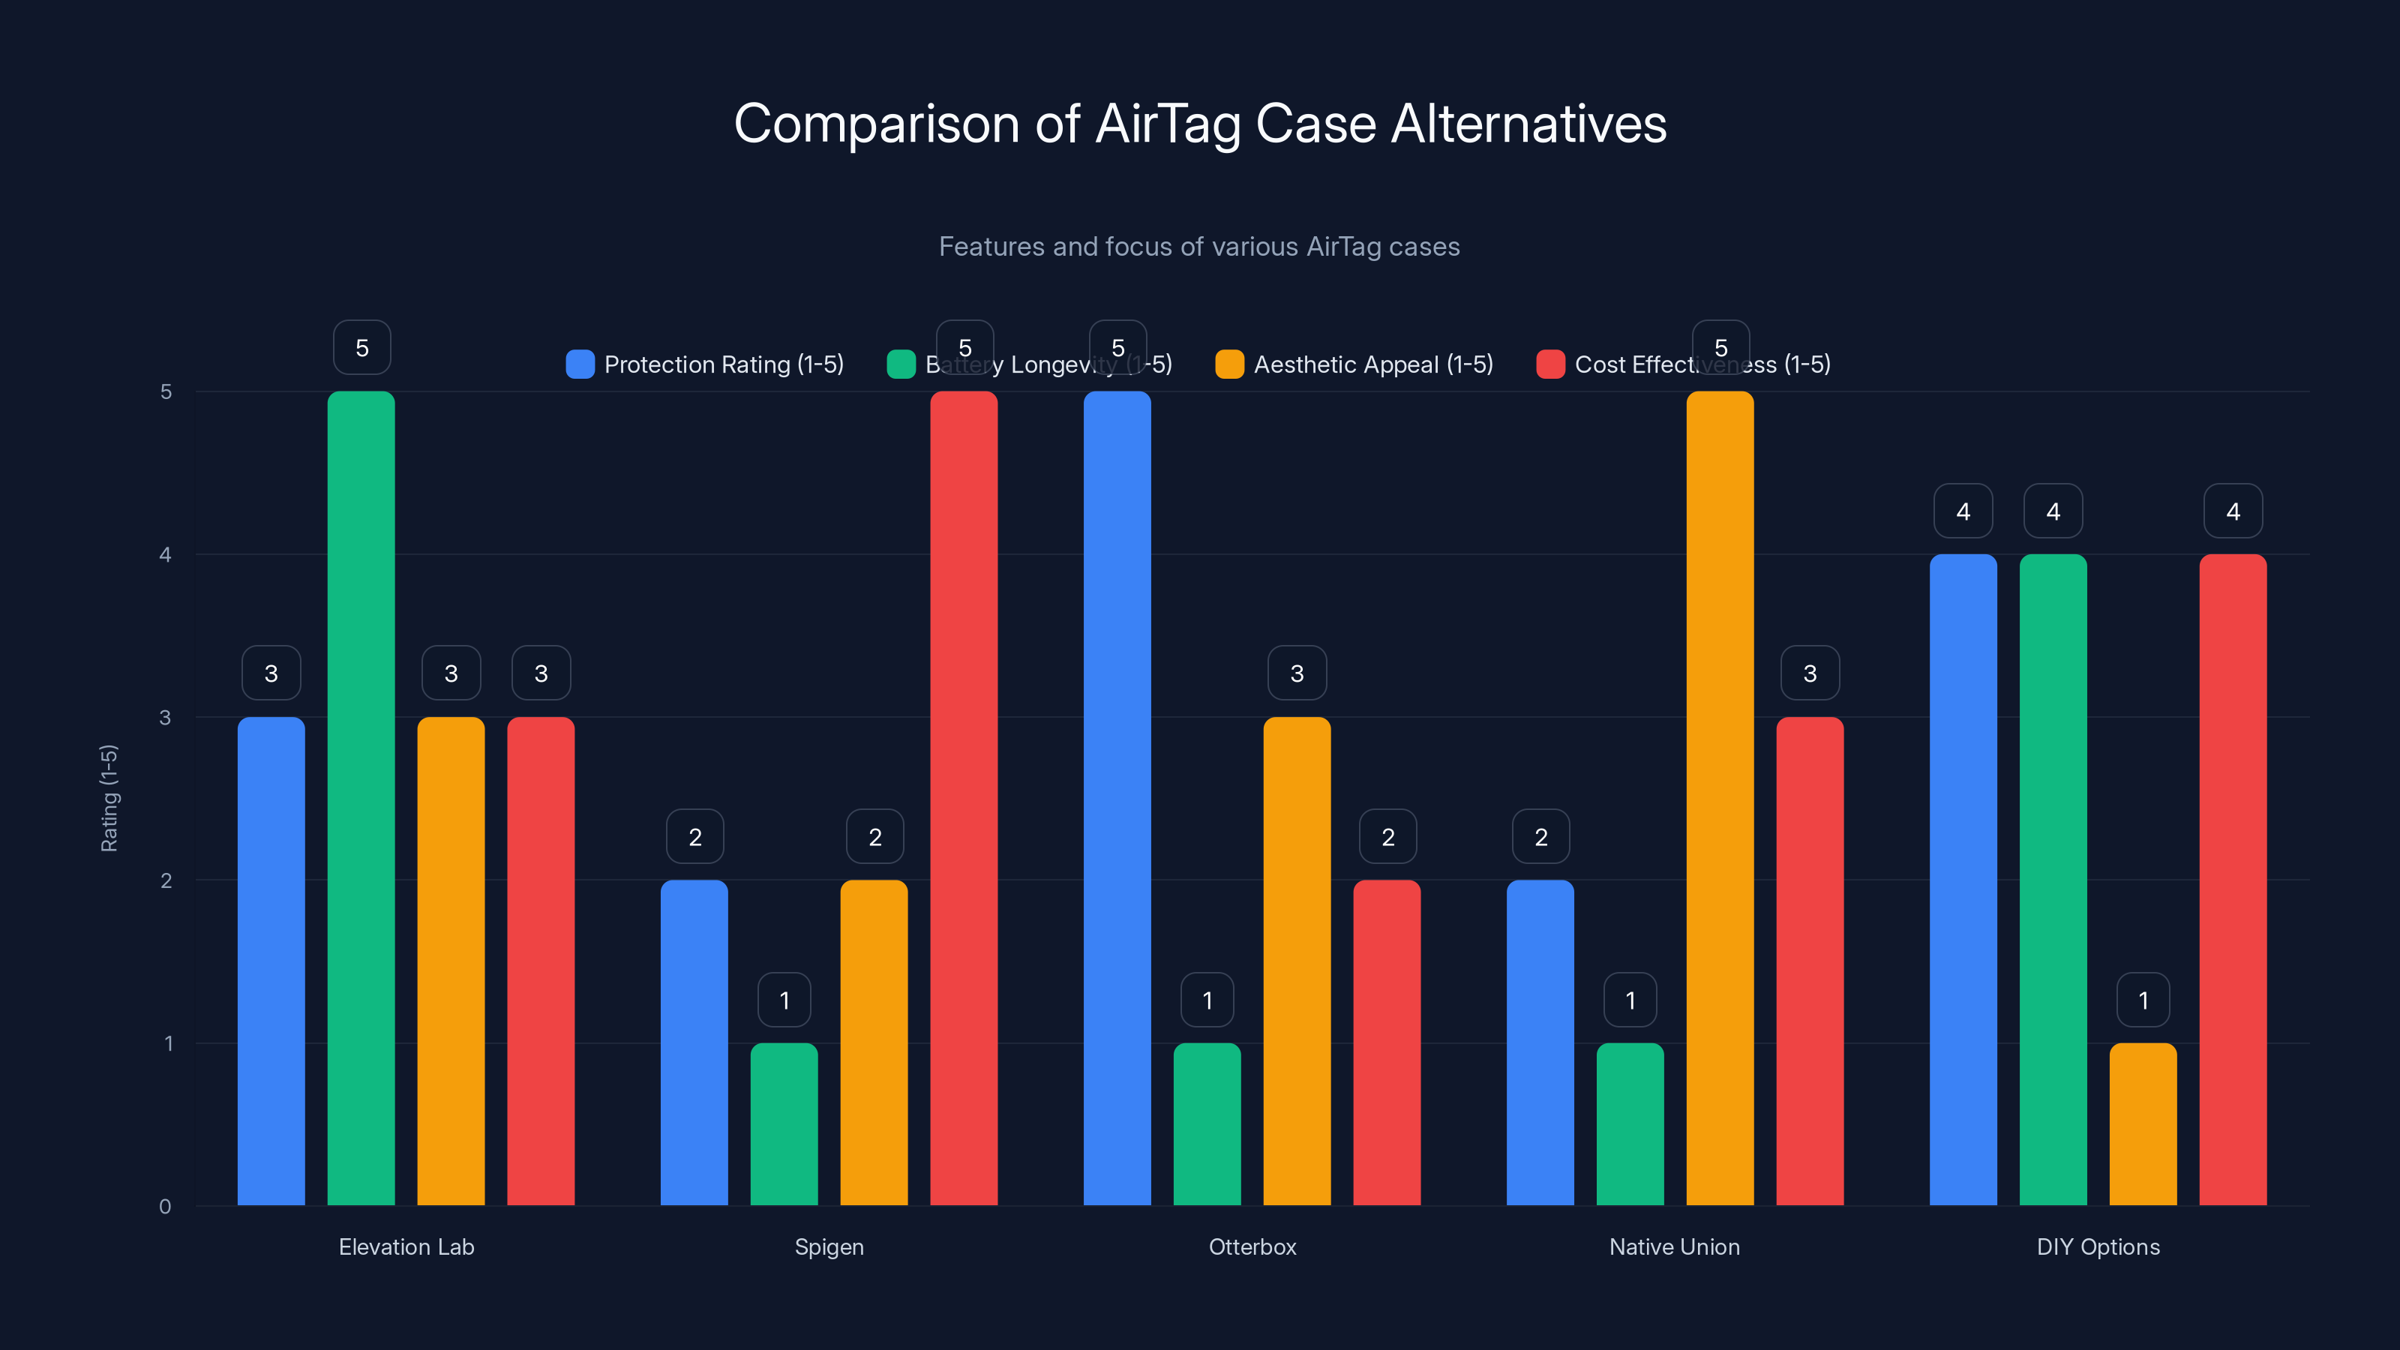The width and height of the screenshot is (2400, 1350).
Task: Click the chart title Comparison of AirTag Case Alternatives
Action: (1199, 124)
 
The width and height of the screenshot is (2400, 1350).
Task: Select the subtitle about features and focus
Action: (1199, 247)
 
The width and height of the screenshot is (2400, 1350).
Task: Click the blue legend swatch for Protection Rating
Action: (580, 364)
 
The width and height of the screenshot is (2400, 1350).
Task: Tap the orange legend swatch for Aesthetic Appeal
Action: (1229, 364)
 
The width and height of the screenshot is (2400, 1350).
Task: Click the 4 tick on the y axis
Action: (165, 555)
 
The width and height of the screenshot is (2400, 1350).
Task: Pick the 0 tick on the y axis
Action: (165, 1207)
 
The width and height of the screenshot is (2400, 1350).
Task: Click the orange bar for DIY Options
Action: (2143, 1123)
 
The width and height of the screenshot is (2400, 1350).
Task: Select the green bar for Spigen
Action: (784, 1123)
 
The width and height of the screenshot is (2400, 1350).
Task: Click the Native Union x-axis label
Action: (1674, 1246)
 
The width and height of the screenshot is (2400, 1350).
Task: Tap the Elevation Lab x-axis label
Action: (406, 1246)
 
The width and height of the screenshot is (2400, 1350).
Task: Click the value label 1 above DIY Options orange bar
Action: (2143, 1000)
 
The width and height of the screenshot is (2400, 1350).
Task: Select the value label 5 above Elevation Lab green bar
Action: (361, 347)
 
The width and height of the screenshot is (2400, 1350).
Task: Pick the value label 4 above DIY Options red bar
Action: (2232, 511)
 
